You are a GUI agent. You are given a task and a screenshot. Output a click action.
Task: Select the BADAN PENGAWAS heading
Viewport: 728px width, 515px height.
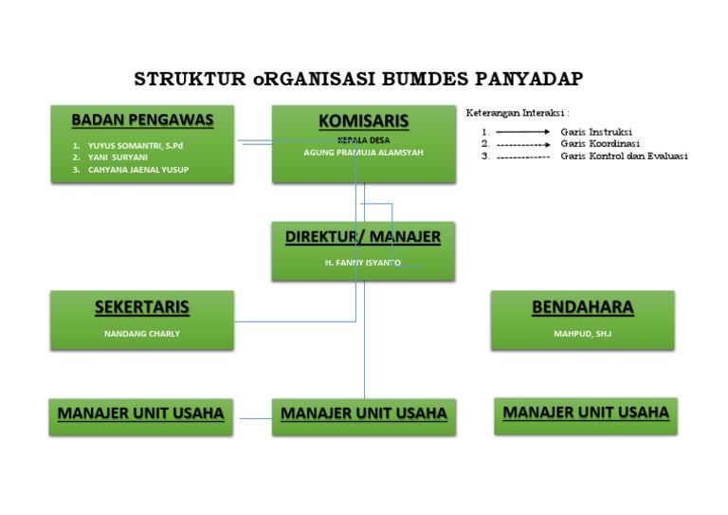tap(142, 120)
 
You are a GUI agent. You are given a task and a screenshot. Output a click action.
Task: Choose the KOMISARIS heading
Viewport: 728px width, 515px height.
tap(363, 121)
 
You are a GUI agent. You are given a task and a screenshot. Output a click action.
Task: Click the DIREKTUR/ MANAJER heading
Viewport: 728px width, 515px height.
tap(363, 237)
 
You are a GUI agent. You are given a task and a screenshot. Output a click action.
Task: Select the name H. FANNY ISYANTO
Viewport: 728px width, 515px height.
tap(363, 262)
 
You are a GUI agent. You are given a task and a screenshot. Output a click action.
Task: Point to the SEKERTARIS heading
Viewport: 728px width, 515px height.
tap(142, 307)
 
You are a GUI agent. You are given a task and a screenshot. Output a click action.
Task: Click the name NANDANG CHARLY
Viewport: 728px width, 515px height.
tap(142, 334)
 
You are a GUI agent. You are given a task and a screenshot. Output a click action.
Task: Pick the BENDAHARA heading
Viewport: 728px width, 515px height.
tap(582, 307)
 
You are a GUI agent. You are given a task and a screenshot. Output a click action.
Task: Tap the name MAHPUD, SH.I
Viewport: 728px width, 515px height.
tap(582, 334)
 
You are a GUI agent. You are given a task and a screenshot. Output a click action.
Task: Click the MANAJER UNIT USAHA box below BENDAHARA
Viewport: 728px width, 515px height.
tap(586, 414)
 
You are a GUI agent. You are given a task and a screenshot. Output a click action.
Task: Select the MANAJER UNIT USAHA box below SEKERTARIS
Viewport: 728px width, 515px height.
tap(141, 414)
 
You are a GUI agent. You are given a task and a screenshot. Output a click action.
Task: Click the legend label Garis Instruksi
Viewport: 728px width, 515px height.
tap(596, 132)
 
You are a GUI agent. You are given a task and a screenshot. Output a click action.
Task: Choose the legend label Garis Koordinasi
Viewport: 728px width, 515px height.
tap(600, 144)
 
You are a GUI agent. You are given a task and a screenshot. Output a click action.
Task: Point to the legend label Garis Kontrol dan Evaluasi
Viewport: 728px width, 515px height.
tap(624, 156)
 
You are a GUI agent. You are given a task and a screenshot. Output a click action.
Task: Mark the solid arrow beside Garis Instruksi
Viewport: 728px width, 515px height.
tap(522, 132)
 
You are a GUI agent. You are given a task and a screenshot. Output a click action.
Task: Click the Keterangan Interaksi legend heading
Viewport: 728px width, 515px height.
tap(517, 113)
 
